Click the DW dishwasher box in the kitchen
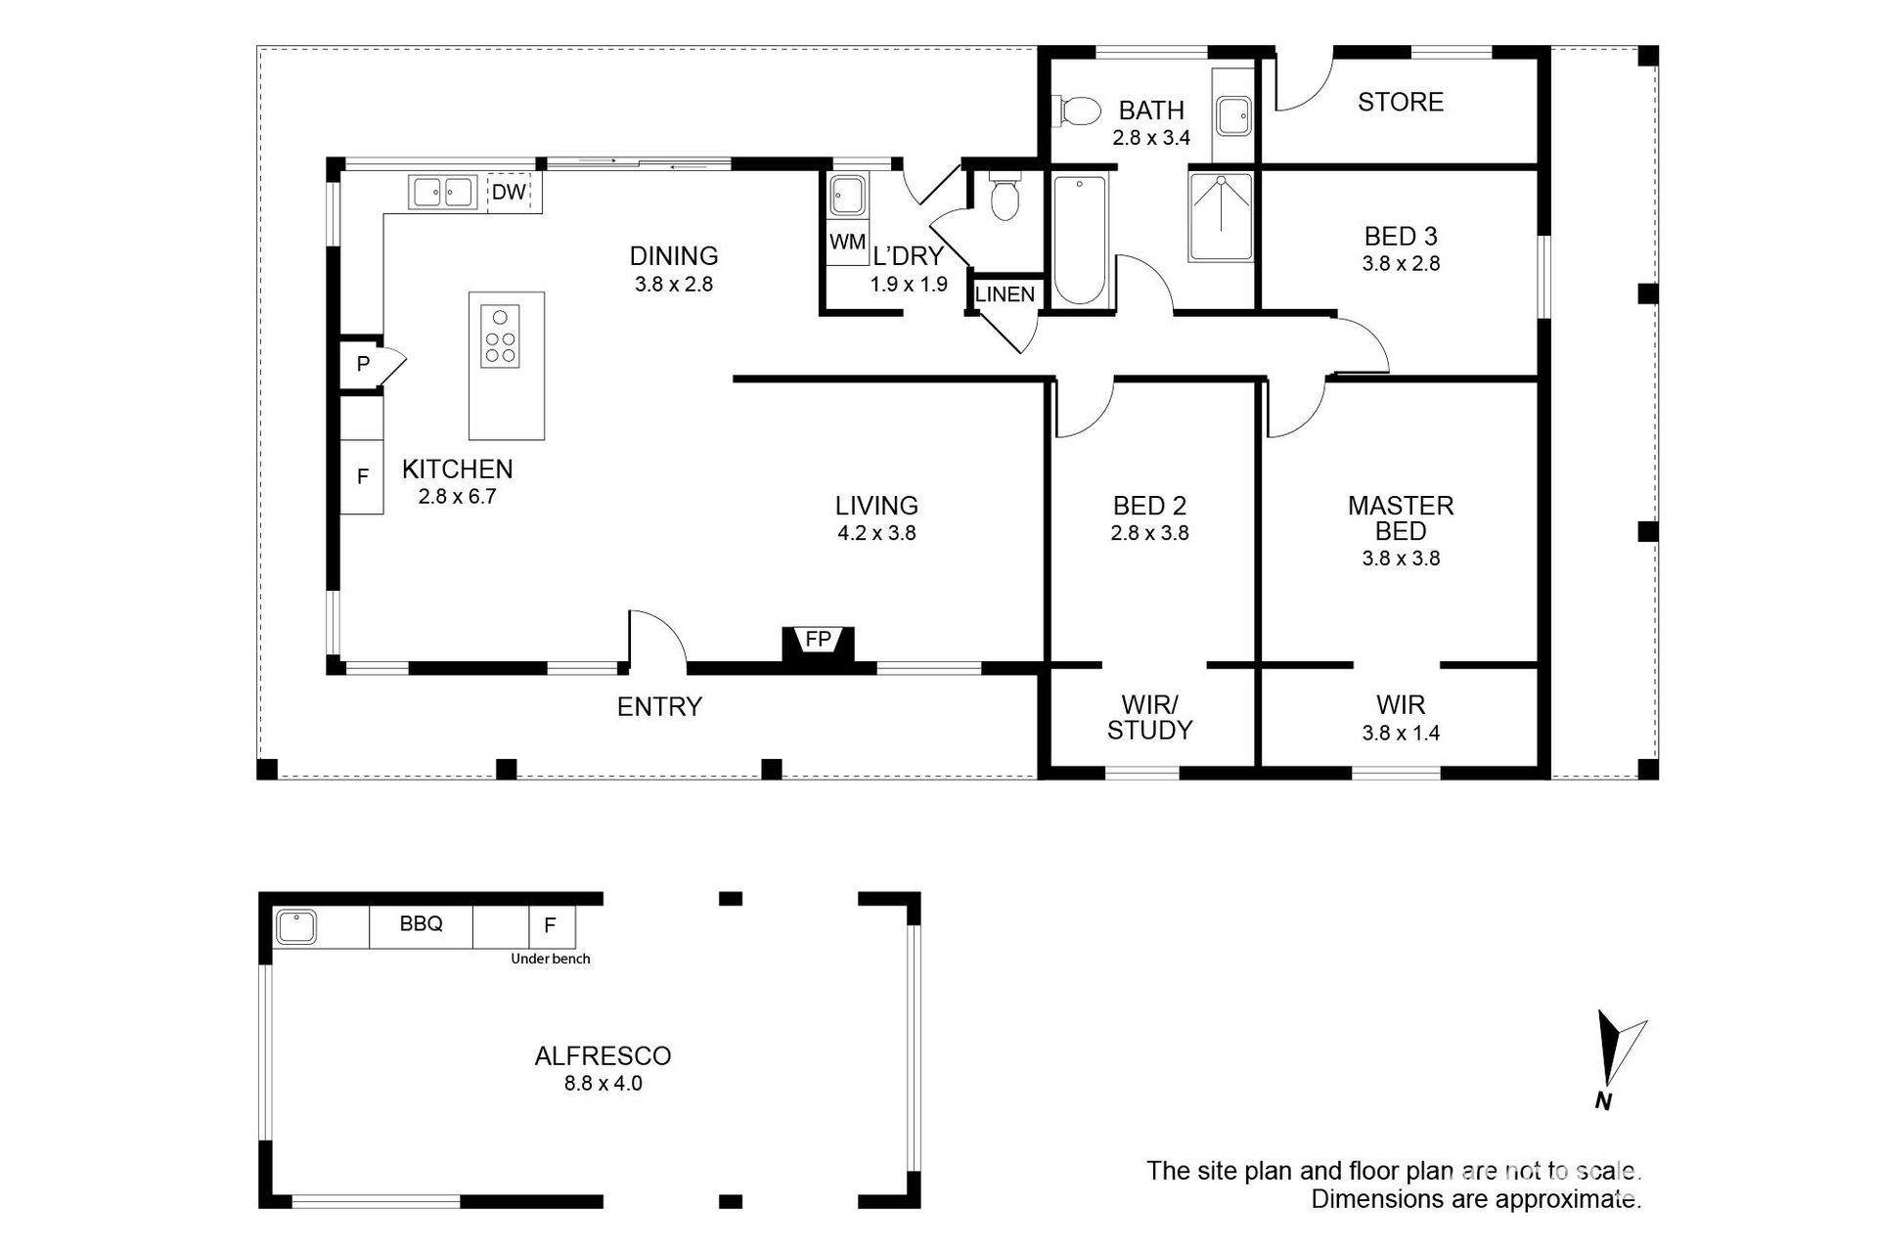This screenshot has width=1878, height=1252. pyautogui.click(x=509, y=192)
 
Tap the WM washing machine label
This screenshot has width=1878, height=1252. pyautogui.click(x=847, y=241)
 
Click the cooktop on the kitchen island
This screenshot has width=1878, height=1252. pyautogui.click(x=500, y=335)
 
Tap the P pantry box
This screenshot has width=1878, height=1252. pyautogui.click(x=364, y=364)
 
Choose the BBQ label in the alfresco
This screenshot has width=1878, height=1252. pyautogui.click(x=421, y=923)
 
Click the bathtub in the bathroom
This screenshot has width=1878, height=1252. pyautogui.click(x=1081, y=240)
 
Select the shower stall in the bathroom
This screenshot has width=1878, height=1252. pyautogui.click(x=1221, y=217)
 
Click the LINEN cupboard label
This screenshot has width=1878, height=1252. pyautogui.click(x=1005, y=294)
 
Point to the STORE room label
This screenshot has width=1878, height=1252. pyautogui.click(x=1401, y=102)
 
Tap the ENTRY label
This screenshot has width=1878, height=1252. pyautogui.click(x=659, y=706)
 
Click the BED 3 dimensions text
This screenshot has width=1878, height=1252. pyautogui.click(x=1401, y=263)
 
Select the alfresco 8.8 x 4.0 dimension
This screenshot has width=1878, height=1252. pyautogui.click(x=603, y=1083)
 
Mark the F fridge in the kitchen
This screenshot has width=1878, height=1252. pyautogui.click(x=362, y=476)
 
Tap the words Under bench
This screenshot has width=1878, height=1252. pyautogui.click(x=551, y=959)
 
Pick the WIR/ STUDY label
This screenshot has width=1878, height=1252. pyautogui.click(x=1149, y=717)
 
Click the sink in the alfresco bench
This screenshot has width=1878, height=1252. pyautogui.click(x=294, y=925)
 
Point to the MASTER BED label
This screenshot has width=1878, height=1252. pyautogui.click(x=1401, y=518)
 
